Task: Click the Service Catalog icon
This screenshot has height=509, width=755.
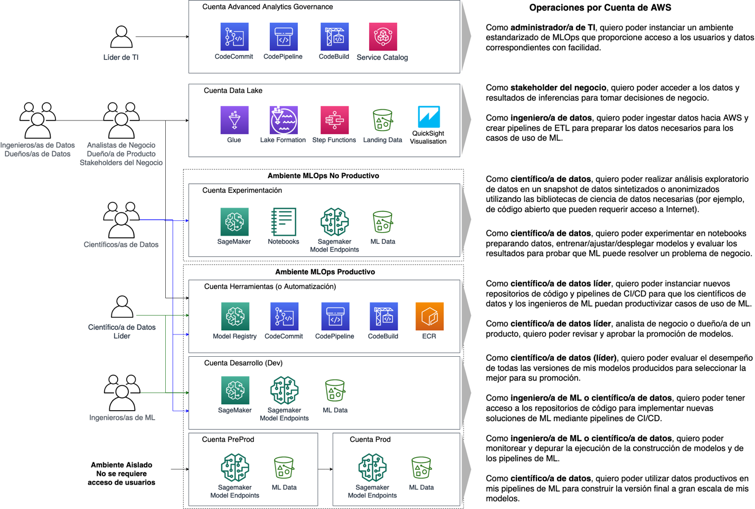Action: [x=383, y=36]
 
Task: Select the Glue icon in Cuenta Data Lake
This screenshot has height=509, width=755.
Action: [x=234, y=120]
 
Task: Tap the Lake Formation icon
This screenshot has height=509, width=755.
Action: [x=284, y=120]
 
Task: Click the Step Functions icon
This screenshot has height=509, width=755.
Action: [x=334, y=120]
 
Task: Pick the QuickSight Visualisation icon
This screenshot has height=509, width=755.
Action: [x=428, y=117]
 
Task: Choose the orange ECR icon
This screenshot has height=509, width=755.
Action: [x=429, y=316]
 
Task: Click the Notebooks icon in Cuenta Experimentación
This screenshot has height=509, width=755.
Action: [x=284, y=221]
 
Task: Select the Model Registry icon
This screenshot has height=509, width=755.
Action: [x=235, y=316]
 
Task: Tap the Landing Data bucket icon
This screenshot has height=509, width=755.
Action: [x=383, y=120]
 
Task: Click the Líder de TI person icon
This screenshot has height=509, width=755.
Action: [x=121, y=37]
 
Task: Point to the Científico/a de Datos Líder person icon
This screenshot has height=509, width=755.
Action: [x=122, y=307]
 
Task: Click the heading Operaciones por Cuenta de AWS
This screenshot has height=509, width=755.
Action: [x=600, y=8]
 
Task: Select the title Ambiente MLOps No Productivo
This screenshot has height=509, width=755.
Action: [x=323, y=176]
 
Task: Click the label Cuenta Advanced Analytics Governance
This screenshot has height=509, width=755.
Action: [x=267, y=7]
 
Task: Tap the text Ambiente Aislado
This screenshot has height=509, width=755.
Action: [x=121, y=465]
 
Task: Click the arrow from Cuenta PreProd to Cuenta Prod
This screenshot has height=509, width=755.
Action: [x=325, y=469]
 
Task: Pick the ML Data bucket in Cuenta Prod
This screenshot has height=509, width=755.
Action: [x=421, y=468]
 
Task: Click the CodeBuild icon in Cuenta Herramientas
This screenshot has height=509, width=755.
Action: [x=383, y=316]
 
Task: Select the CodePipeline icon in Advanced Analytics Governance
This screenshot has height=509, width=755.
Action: [x=284, y=36]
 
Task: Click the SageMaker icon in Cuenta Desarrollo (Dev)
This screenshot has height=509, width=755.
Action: [x=235, y=390]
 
